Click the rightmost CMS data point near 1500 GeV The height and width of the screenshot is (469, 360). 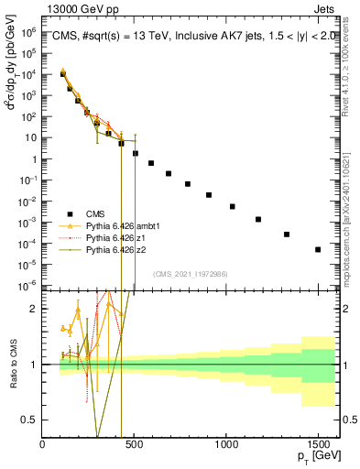point(318,249)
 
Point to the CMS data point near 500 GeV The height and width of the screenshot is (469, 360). point(136,153)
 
